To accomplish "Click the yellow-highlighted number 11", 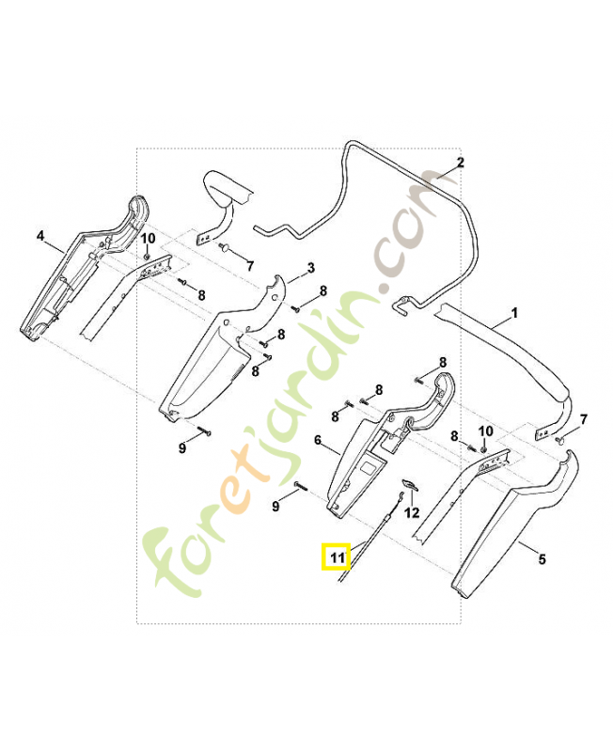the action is coord(338,557).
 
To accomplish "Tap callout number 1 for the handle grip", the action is coord(514,313).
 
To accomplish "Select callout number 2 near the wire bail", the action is coord(460,163).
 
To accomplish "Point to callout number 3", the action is coord(311,268).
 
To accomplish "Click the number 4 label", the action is coord(40,236).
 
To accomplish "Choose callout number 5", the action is coord(542,559).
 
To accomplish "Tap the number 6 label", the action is coord(318,440).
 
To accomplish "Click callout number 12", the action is coord(412,513).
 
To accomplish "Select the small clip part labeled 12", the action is coord(411,485).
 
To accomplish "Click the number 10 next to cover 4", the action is coord(148,239).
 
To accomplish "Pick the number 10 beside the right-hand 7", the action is coord(486,431).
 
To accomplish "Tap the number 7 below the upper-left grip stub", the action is coord(250,265).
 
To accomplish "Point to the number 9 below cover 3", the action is coord(182,448).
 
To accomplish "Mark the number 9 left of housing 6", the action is coord(275,506).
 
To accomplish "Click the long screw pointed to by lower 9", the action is coord(301,487).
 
